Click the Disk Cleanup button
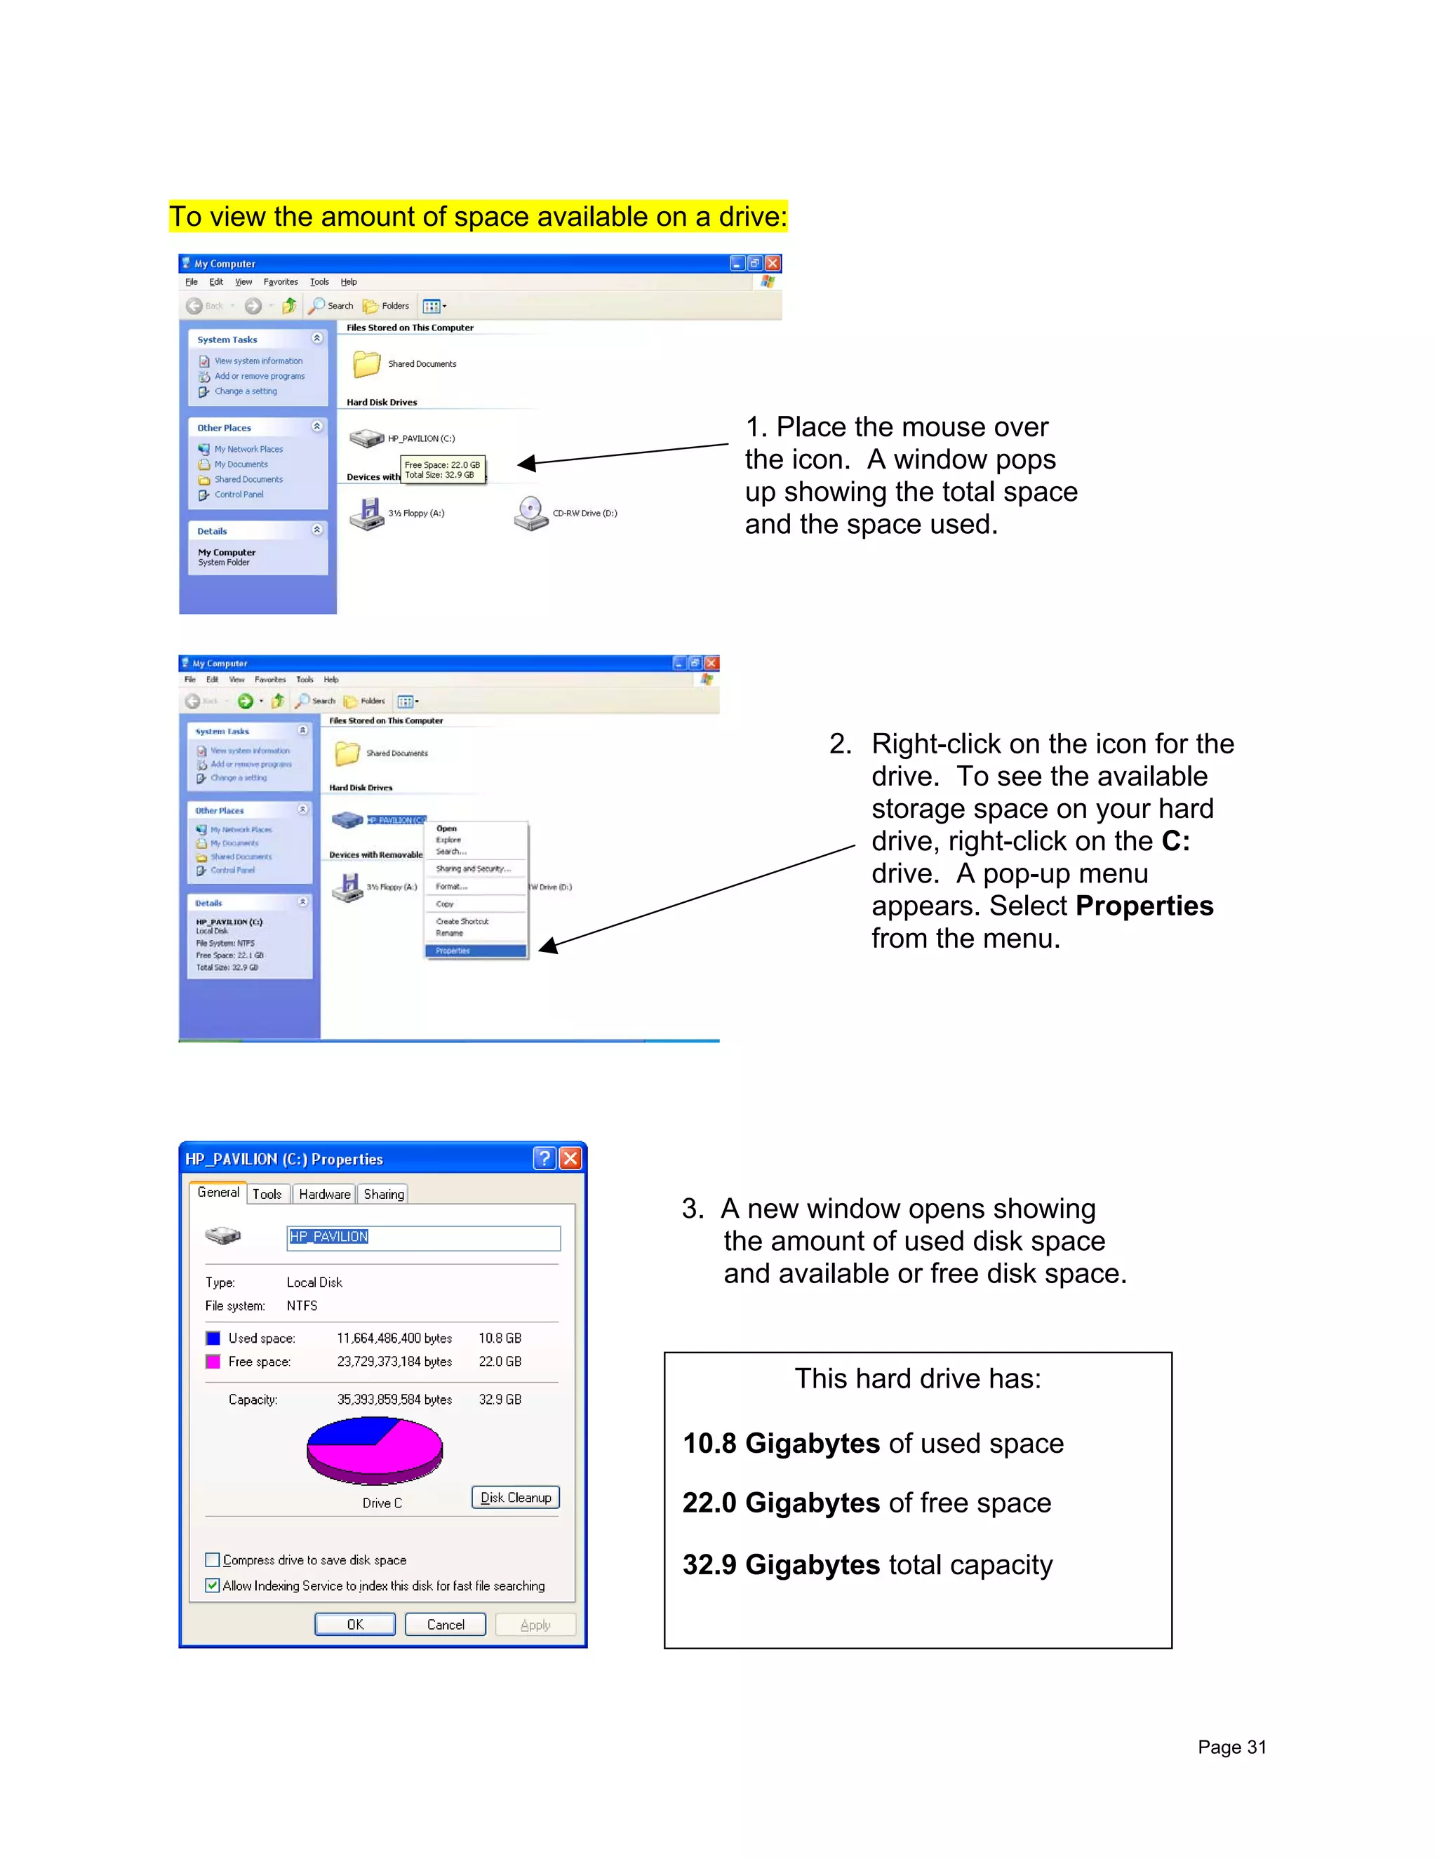click(x=515, y=1497)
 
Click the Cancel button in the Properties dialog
click(x=446, y=1624)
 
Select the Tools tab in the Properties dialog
click(x=267, y=1194)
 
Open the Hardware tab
click(x=324, y=1194)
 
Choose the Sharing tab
click(x=383, y=1194)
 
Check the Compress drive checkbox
click(x=213, y=1559)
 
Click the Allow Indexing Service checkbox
click(x=213, y=1585)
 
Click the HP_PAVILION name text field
click(x=423, y=1237)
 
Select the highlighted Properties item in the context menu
click(x=475, y=951)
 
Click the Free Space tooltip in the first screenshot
click(x=442, y=470)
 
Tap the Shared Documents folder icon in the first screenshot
click(x=367, y=363)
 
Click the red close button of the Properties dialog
click(x=570, y=1157)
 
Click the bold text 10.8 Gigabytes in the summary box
click(x=781, y=1444)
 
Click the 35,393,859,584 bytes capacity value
click(x=394, y=1400)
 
